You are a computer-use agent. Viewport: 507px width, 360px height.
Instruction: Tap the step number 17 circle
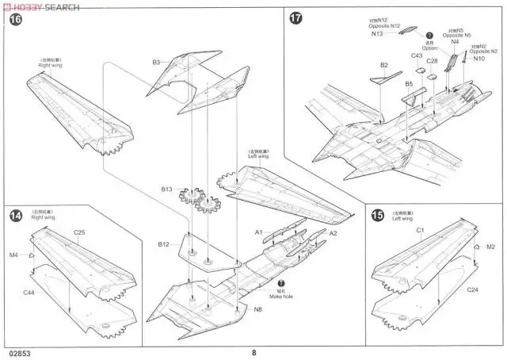296,19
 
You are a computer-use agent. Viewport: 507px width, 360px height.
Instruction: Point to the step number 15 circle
377,214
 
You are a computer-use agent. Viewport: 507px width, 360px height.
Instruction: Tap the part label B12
165,243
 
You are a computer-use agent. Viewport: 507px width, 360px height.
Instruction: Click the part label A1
258,232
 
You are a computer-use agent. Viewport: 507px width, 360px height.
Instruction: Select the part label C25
79,232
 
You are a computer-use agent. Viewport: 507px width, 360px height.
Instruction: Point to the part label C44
29,293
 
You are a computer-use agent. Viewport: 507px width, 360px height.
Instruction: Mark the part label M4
13,255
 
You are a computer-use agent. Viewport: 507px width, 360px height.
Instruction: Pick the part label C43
417,56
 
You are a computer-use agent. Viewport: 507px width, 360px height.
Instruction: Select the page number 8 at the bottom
253,354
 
